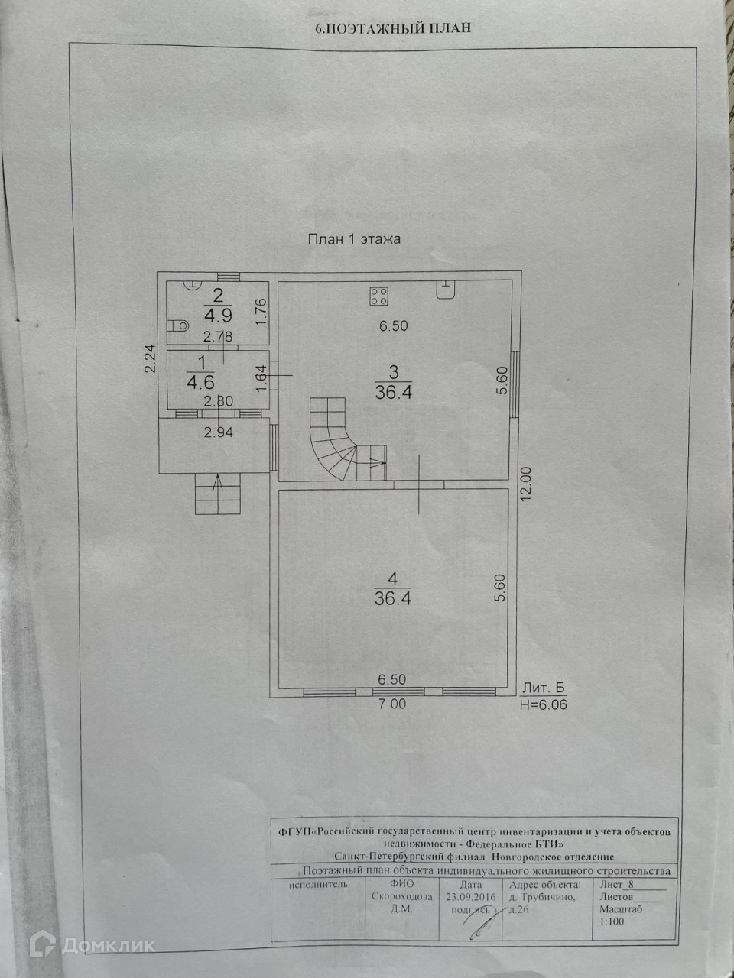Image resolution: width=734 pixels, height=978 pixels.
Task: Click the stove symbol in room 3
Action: tap(378, 295)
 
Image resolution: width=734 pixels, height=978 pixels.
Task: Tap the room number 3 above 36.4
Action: tap(393, 373)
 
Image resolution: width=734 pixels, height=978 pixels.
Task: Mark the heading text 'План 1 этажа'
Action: tap(354, 239)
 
